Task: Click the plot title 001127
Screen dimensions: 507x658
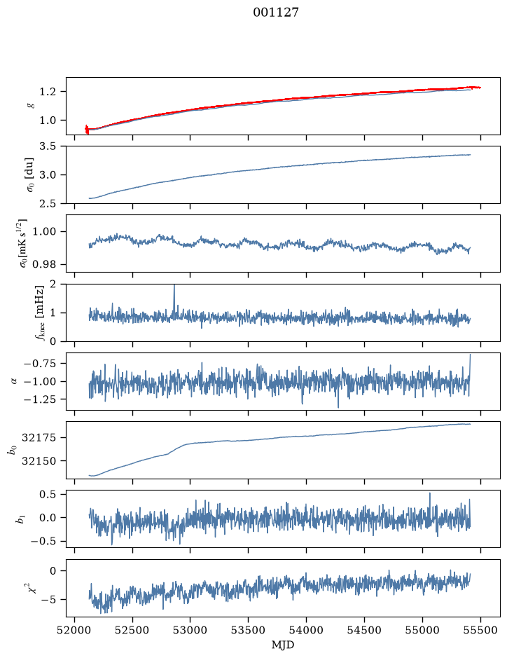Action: tap(275, 12)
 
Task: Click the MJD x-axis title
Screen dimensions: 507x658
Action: tap(283, 645)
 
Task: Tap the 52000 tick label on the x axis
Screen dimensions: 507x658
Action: tap(75, 630)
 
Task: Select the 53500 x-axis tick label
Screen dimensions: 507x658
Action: tap(249, 630)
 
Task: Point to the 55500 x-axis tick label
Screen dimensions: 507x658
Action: tap(480, 630)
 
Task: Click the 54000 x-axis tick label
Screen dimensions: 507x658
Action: tap(307, 630)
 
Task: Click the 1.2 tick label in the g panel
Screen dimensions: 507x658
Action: tap(48, 92)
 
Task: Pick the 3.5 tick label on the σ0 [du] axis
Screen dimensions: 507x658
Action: tap(48, 146)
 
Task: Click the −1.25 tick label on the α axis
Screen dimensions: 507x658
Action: tap(40, 399)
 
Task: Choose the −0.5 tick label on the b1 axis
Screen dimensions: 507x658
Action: tap(43, 542)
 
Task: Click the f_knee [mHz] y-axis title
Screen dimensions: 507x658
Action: tap(39, 313)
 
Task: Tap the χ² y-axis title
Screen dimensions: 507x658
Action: tap(32, 587)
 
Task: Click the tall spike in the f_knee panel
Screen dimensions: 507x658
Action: tap(174, 300)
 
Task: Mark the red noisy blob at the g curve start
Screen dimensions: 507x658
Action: tap(87, 129)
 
